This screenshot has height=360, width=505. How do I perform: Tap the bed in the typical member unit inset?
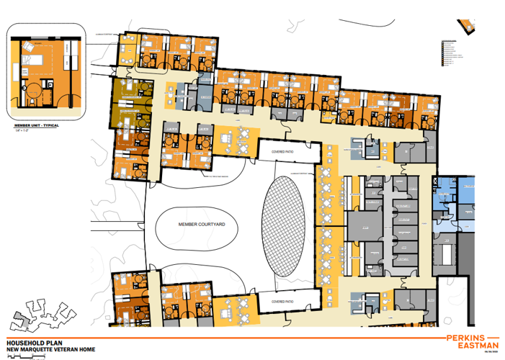click(32, 53)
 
